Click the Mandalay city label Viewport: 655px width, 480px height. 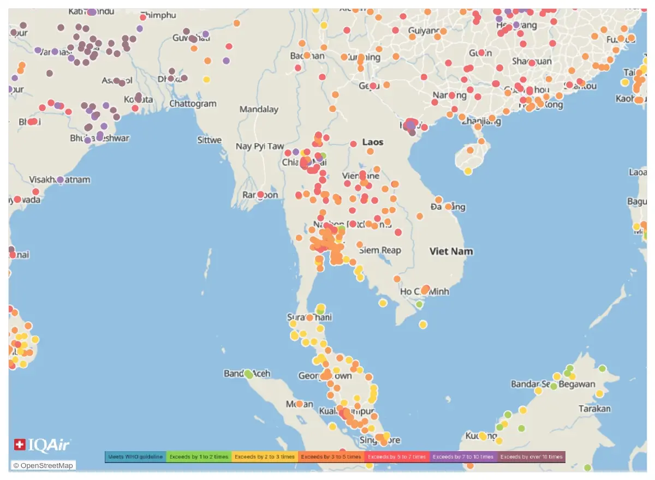259,109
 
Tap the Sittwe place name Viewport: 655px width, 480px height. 210,140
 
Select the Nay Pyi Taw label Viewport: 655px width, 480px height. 260,146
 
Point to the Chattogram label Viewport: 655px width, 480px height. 193,104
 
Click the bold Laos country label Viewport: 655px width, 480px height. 373,142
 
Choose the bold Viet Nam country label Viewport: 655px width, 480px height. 451,251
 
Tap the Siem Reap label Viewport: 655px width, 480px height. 380,250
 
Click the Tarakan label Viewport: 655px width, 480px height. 594,409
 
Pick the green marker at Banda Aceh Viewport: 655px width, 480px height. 249,374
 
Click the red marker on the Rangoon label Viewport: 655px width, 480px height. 261,195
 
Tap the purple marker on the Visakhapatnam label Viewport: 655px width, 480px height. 60,179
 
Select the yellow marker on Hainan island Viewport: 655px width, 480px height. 468,171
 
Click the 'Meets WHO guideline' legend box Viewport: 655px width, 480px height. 135,457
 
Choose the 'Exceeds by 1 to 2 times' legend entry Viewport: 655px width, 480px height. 199,457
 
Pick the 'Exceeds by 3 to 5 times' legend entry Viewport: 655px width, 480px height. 331,457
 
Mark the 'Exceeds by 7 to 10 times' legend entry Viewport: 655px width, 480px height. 463,457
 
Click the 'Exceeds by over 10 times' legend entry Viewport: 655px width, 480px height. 531,457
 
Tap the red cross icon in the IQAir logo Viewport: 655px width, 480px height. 20,445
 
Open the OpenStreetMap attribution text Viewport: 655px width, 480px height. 43,465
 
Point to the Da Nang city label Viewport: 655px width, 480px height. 448,207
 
